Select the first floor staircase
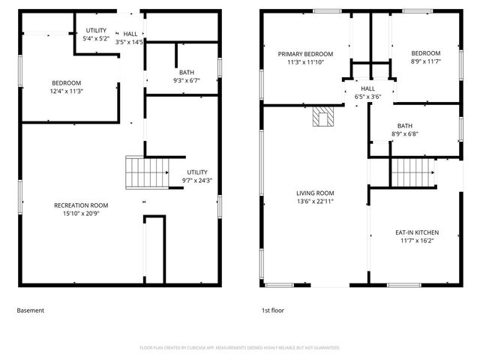412,172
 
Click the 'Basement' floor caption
31,310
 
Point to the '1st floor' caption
272,310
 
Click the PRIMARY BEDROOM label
304,54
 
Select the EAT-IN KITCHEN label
417,232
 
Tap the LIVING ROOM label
314,193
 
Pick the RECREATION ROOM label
81,205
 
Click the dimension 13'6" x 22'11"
314,201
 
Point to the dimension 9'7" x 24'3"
197,180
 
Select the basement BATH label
186,72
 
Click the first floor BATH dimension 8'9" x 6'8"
405,134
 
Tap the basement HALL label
130,34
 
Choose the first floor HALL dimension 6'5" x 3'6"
367,96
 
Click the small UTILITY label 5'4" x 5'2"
95,38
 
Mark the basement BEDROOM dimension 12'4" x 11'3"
66,91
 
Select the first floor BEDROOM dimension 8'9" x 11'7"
425,61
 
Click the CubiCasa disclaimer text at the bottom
239,347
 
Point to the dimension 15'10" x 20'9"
81,214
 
